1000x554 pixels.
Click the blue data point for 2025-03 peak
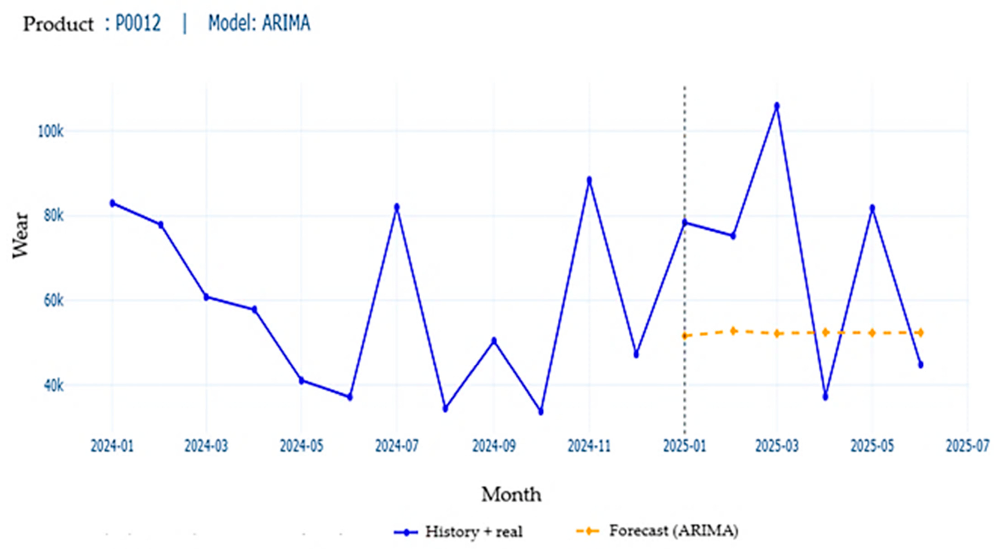click(777, 106)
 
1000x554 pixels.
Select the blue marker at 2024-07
click(397, 207)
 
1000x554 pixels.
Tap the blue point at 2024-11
click(589, 180)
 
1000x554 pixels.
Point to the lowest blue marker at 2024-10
click(541, 412)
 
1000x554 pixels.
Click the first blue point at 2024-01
click(113, 203)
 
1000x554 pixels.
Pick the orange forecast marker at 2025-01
click(685, 335)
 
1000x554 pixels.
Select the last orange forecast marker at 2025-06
click(920, 332)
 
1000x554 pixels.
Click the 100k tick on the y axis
click(51, 131)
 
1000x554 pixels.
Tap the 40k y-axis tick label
click(53, 385)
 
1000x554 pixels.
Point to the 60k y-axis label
click(53, 300)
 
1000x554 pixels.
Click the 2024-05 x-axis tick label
click(301, 446)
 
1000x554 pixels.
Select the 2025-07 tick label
click(967, 446)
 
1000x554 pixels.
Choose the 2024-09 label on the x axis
click(494, 446)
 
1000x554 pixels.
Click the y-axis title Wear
click(20, 235)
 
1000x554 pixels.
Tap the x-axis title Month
click(511, 495)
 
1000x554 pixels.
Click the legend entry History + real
click(473, 532)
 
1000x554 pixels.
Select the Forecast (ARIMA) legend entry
click(673, 531)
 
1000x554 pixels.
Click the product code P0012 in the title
click(138, 23)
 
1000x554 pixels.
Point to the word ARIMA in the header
click(286, 23)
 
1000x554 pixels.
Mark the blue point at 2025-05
click(872, 208)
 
